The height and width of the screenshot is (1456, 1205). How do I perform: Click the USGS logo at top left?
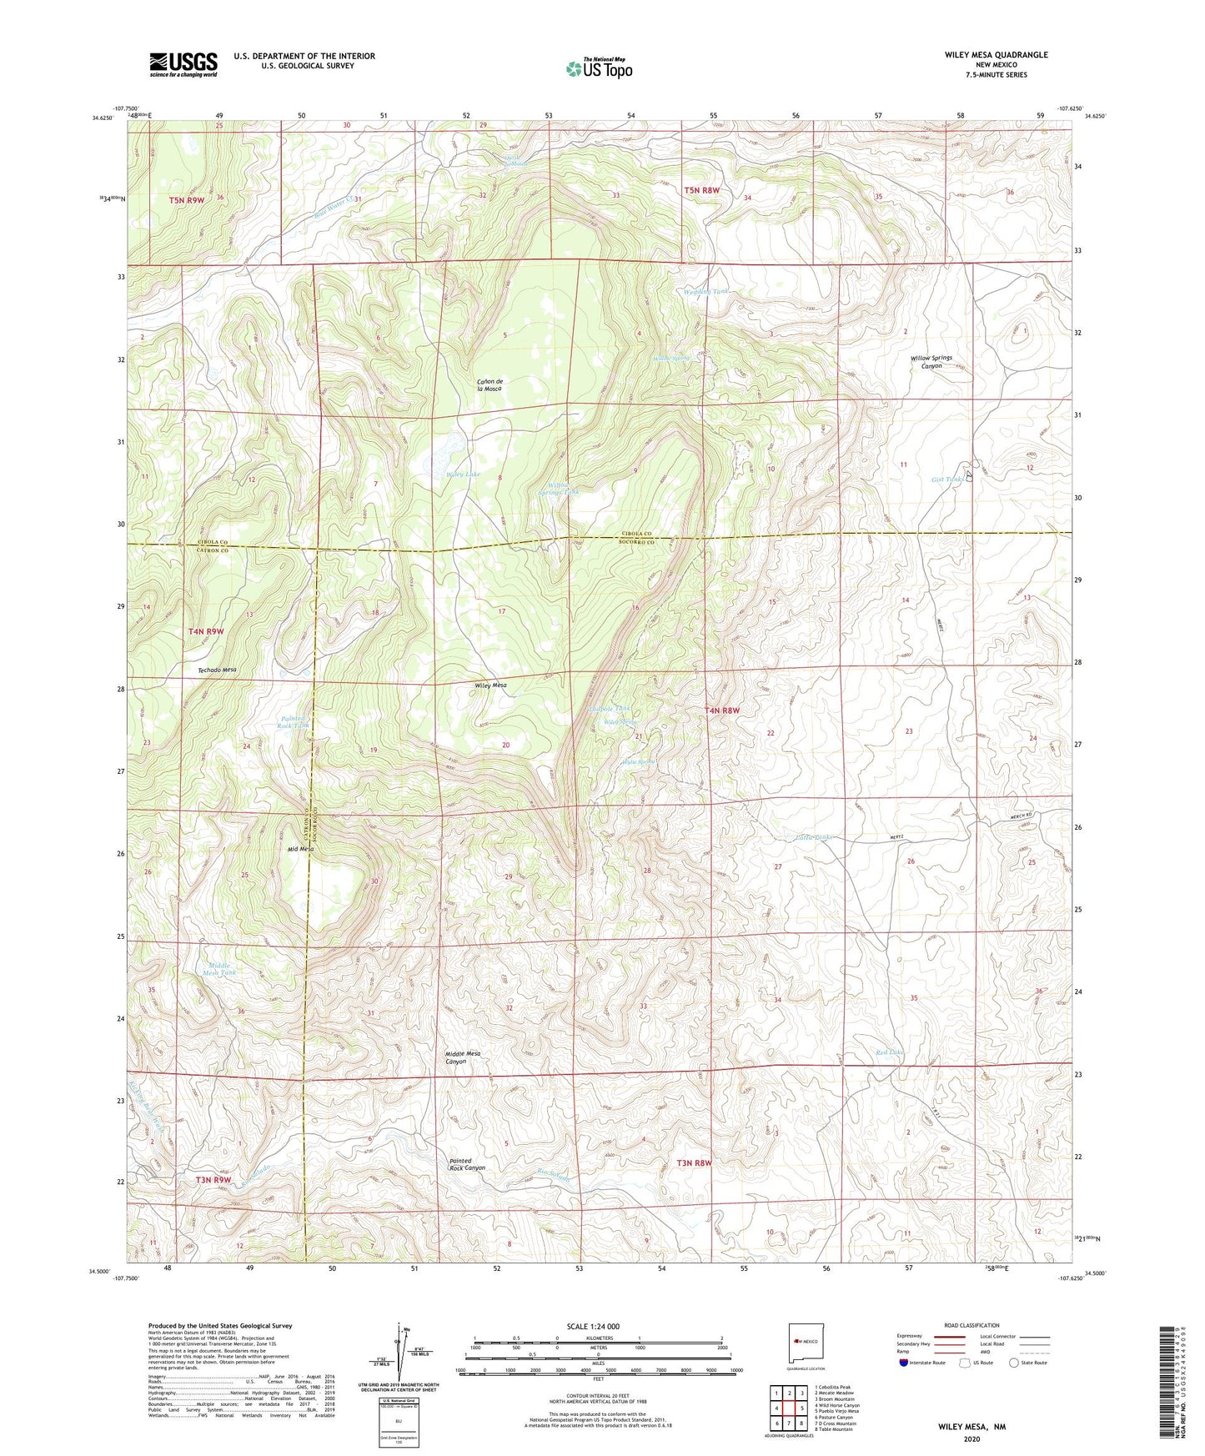(x=183, y=64)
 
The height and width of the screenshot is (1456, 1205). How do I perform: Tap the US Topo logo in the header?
(x=599, y=68)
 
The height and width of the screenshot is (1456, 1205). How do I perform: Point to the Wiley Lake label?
(x=463, y=474)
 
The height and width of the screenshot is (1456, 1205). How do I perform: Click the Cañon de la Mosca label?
(x=490, y=384)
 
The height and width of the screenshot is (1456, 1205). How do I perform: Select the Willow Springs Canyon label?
(x=931, y=362)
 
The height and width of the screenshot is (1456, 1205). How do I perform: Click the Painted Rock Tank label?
(x=294, y=721)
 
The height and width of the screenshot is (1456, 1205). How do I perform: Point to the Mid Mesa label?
(x=300, y=848)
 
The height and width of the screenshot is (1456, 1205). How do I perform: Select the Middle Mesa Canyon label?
(x=463, y=1057)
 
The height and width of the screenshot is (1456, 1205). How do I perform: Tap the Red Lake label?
(x=889, y=1052)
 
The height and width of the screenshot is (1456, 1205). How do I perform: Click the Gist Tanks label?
(x=947, y=479)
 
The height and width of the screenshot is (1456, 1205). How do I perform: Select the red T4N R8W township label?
(x=722, y=710)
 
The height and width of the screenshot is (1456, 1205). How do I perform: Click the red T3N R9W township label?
(x=213, y=1180)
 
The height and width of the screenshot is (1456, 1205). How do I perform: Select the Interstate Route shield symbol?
(x=904, y=1363)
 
